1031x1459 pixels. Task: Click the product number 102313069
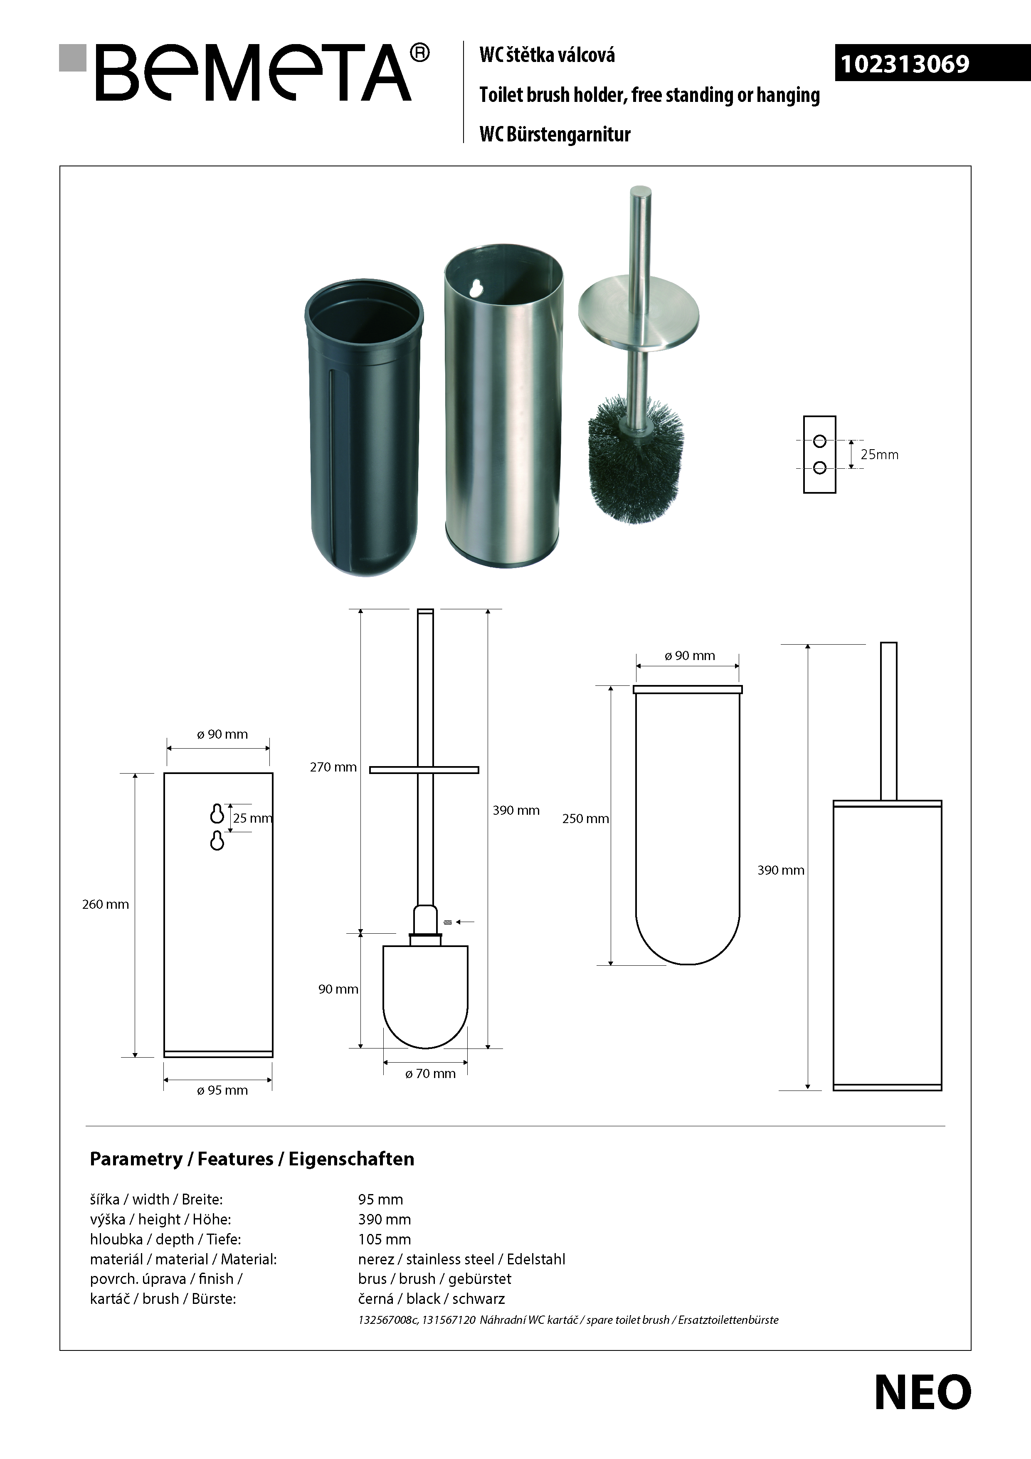tap(905, 64)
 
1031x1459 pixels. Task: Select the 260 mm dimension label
tap(106, 904)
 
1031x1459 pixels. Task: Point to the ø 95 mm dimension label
tap(222, 1091)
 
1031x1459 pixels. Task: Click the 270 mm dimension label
tap(333, 767)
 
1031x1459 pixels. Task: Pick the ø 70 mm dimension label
tap(431, 1074)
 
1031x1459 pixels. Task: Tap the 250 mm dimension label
tap(585, 819)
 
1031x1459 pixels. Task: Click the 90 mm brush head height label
tap(338, 989)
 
